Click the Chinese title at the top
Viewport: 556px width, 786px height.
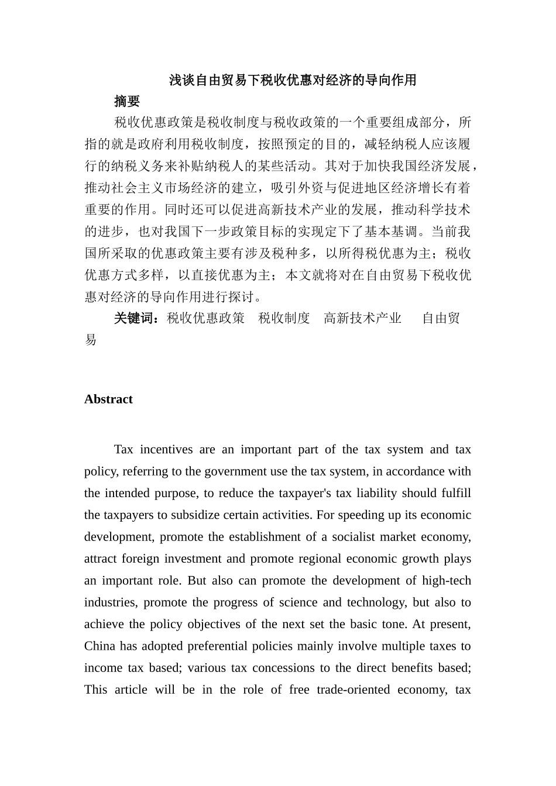click(x=293, y=80)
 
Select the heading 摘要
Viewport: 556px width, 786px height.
click(x=127, y=102)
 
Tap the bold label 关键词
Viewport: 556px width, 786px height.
click(x=136, y=318)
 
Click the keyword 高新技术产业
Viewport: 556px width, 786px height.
click(x=362, y=318)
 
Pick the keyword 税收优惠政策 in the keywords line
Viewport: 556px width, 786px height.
click(x=205, y=318)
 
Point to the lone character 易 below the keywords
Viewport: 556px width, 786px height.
click(x=91, y=340)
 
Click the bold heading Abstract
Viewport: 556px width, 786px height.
click(x=108, y=399)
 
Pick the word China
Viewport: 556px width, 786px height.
click(x=99, y=646)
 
